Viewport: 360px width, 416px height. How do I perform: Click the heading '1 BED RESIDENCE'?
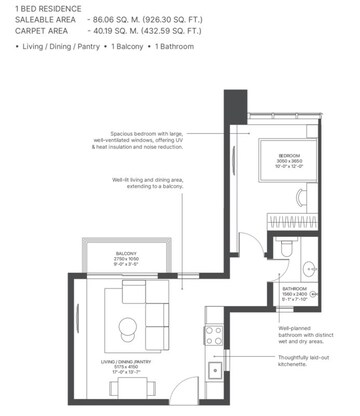pyautogui.click(x=40, y=8)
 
